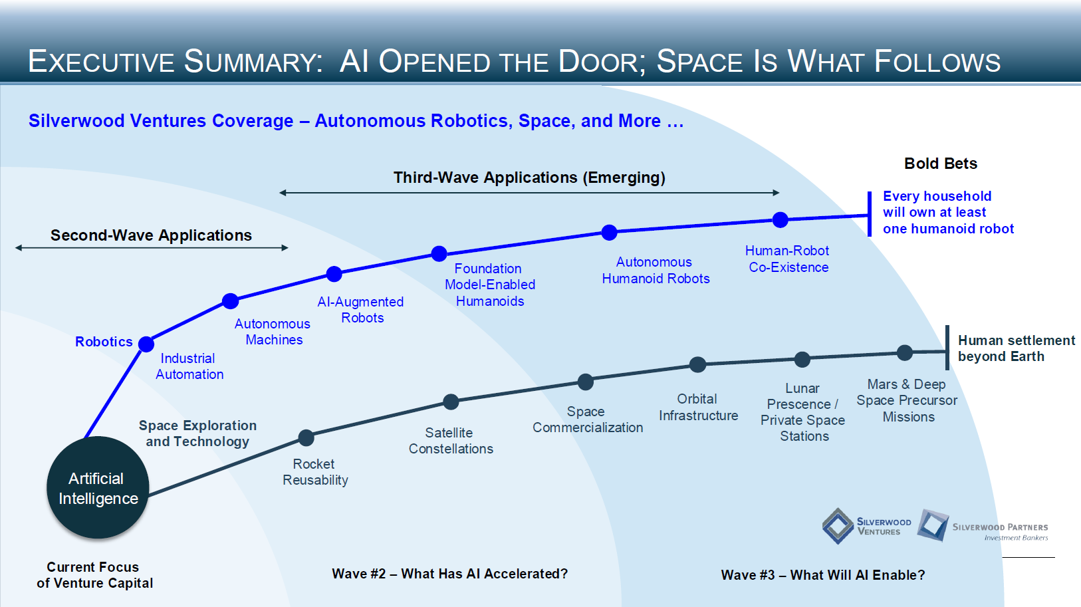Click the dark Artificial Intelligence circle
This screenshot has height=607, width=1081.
point(98,487)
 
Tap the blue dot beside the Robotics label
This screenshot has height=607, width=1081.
point(146,344)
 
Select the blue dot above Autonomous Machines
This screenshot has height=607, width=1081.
point(230,301)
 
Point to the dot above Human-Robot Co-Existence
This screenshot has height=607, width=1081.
point(781,219)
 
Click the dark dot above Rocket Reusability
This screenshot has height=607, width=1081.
point(306,437)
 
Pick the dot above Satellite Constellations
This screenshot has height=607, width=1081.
point(451,402)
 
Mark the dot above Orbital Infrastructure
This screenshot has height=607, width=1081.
point(697,364)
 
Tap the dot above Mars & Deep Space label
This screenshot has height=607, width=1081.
point(904,353)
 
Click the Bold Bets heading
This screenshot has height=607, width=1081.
point(940,164)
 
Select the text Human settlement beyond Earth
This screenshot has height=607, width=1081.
point(1015,348)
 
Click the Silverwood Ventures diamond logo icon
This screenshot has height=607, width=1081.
point(838,526)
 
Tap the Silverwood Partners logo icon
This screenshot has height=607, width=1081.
point(933,525)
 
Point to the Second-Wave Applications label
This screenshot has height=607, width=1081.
point(151,235)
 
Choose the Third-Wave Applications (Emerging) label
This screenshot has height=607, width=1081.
point(529,178)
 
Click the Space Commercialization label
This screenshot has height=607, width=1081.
point(587,420)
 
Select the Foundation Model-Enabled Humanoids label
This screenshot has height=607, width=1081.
point(490,285)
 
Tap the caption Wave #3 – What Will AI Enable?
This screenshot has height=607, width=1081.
point(822,575)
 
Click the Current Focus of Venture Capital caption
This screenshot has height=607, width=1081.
point(94,575)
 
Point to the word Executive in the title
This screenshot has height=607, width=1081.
point(100,62)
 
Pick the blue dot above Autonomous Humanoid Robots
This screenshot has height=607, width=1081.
point(609,232)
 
